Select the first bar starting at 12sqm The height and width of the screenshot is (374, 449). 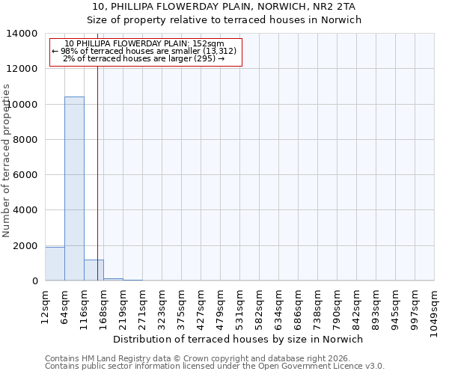tap(55, 264)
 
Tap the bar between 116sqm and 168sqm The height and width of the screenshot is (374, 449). tap(94, 270)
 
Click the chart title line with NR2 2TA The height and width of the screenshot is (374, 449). tap(224, 7)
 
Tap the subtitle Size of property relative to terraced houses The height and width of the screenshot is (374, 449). tap(224, 20)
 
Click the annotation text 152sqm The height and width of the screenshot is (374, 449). tap(145, 43)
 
